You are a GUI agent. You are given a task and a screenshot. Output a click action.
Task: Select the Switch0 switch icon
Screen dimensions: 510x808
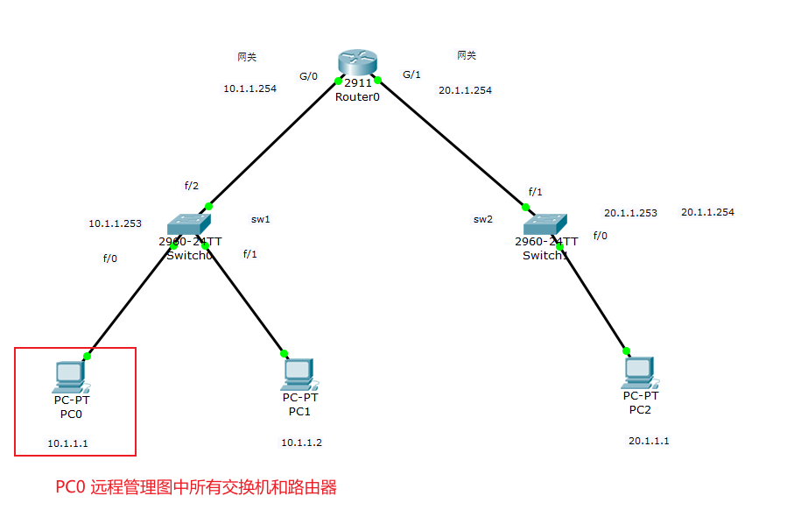click(x=190, y=223)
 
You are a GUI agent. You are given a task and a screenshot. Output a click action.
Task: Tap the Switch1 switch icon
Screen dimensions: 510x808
click(x=545, y=224)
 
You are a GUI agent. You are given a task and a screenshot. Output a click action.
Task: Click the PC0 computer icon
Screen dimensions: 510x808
click(x=70, y=376)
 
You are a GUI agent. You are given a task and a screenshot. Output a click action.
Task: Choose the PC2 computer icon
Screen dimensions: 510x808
click(x=639, y=373)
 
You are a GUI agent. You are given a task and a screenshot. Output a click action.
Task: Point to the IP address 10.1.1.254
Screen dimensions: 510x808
click(x=249, y=89)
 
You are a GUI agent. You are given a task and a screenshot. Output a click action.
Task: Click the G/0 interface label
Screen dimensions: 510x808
click(x=308, y=76)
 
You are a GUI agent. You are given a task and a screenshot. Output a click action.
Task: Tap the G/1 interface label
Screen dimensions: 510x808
click(x=411, y=74)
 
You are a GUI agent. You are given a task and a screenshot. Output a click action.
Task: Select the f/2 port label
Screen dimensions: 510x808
click(x=192, y=186)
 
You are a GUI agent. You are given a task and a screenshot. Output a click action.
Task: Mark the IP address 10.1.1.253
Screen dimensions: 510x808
click(x=115, y=223)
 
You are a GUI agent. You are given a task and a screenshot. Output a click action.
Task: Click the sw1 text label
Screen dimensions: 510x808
click(x=261, y=219)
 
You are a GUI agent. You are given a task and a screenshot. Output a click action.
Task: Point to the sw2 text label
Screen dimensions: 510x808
click(x=483, y=219)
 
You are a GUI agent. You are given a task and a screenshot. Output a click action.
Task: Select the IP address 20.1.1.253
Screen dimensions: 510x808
click(x=630, y=213)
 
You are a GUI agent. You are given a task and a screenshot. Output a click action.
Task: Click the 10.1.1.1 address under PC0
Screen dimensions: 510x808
click(x=67, y=443)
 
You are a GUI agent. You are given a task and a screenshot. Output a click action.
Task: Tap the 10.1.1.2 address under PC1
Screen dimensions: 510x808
click(x=301, y=443)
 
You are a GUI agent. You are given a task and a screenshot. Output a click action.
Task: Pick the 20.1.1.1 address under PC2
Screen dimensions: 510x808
click(x=649, y=441)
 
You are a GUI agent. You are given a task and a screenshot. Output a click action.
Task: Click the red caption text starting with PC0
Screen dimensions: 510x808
click(x=196, y=487)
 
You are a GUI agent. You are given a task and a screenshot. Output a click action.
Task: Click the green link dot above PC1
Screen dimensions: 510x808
click(x=285, y=354)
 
